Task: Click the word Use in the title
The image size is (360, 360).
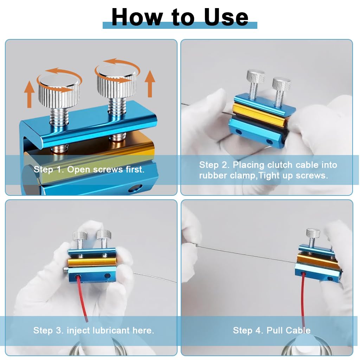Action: point(226,17)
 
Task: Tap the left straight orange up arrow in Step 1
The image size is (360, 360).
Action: point(30,94)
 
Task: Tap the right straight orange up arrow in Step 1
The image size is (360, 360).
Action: point(150,84)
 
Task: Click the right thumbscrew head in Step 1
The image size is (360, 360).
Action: point(116,82)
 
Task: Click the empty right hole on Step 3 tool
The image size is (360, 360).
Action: point(107,276)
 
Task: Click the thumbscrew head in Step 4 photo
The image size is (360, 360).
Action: point(313,233)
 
